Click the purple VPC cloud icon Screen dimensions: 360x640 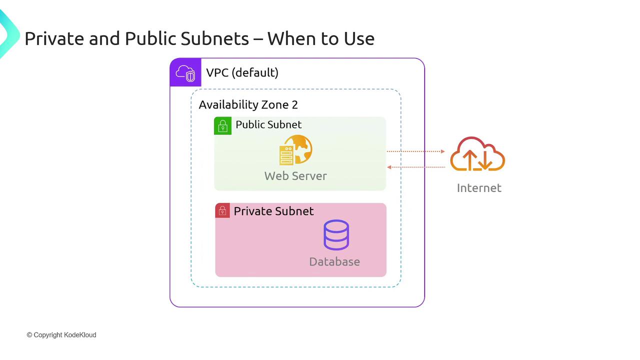185,73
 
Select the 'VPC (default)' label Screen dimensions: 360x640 242,72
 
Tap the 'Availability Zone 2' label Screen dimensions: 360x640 248,104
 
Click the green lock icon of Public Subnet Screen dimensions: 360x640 223,126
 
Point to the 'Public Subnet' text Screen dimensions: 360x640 268,124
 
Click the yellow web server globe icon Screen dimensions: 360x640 295,149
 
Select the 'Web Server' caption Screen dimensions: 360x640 295,176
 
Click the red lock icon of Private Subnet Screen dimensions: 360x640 222,210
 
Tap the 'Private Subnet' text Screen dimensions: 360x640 273,211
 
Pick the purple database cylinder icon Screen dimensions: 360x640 336,234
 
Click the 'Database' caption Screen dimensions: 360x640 334,261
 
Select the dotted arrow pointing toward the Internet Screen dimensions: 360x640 415,151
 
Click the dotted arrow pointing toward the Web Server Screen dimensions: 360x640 415,167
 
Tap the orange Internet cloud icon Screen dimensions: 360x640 477,154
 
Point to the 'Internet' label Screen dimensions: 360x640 479,188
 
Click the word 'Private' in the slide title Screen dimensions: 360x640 54,38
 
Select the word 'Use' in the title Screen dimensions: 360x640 357,38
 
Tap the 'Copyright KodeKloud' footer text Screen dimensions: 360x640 61,335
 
